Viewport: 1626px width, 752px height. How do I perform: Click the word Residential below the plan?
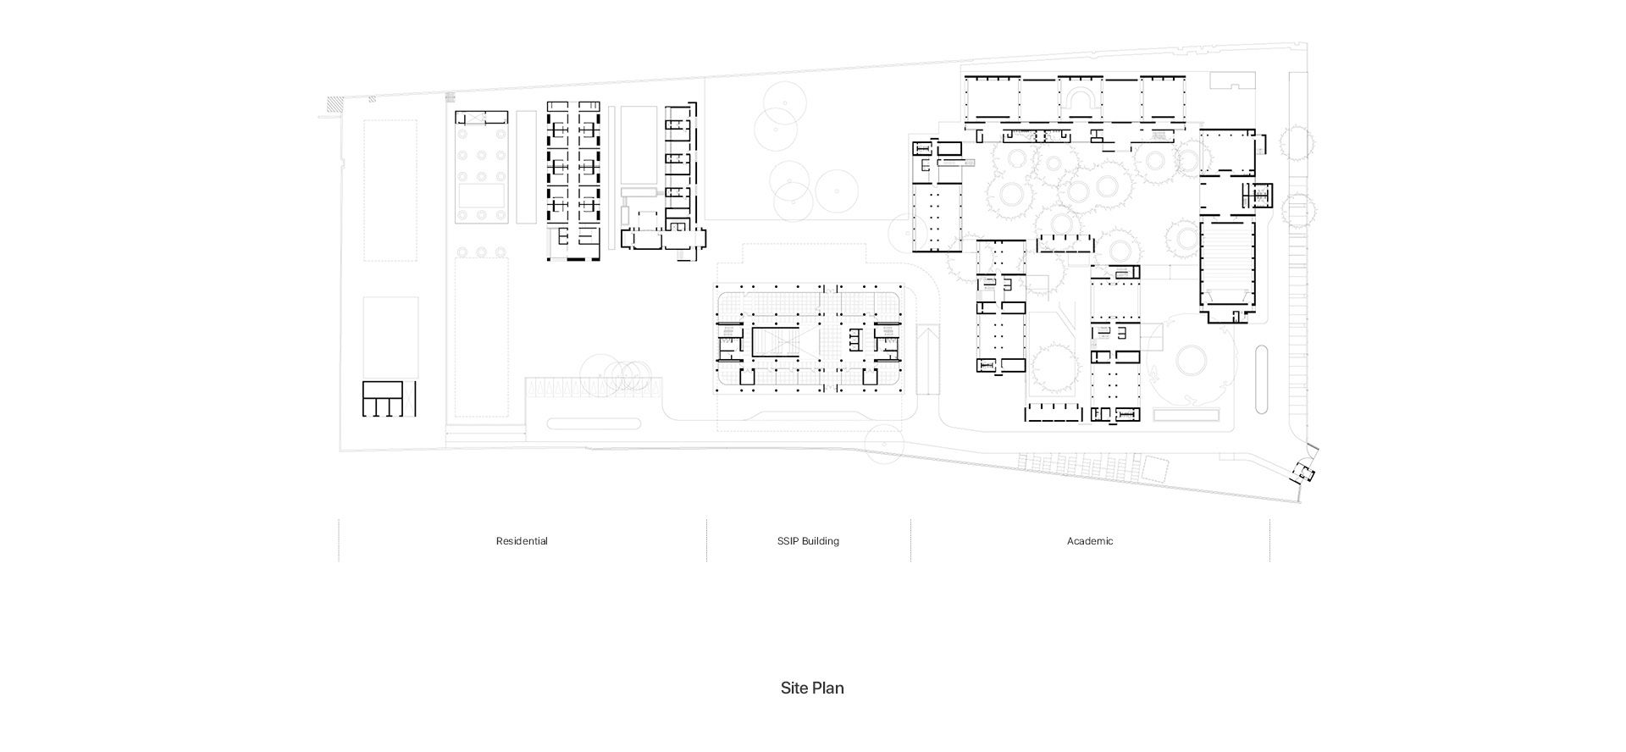click(x=522, y=541)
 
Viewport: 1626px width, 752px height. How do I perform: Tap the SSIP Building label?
click(x=808, y=541)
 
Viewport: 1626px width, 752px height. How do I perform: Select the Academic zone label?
click(x=1090, y=541)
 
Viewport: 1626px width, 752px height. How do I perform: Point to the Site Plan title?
click(x=812, y=688)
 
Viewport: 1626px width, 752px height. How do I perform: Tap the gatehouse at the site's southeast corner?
click(x=1305, y=473)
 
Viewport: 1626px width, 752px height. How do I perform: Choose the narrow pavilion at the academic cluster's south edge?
click(x=1054, y=412)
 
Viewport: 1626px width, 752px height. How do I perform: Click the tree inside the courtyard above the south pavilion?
click(x=1054, y=366)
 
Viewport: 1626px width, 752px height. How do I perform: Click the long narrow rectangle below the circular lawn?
click(x=1186, y=416)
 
